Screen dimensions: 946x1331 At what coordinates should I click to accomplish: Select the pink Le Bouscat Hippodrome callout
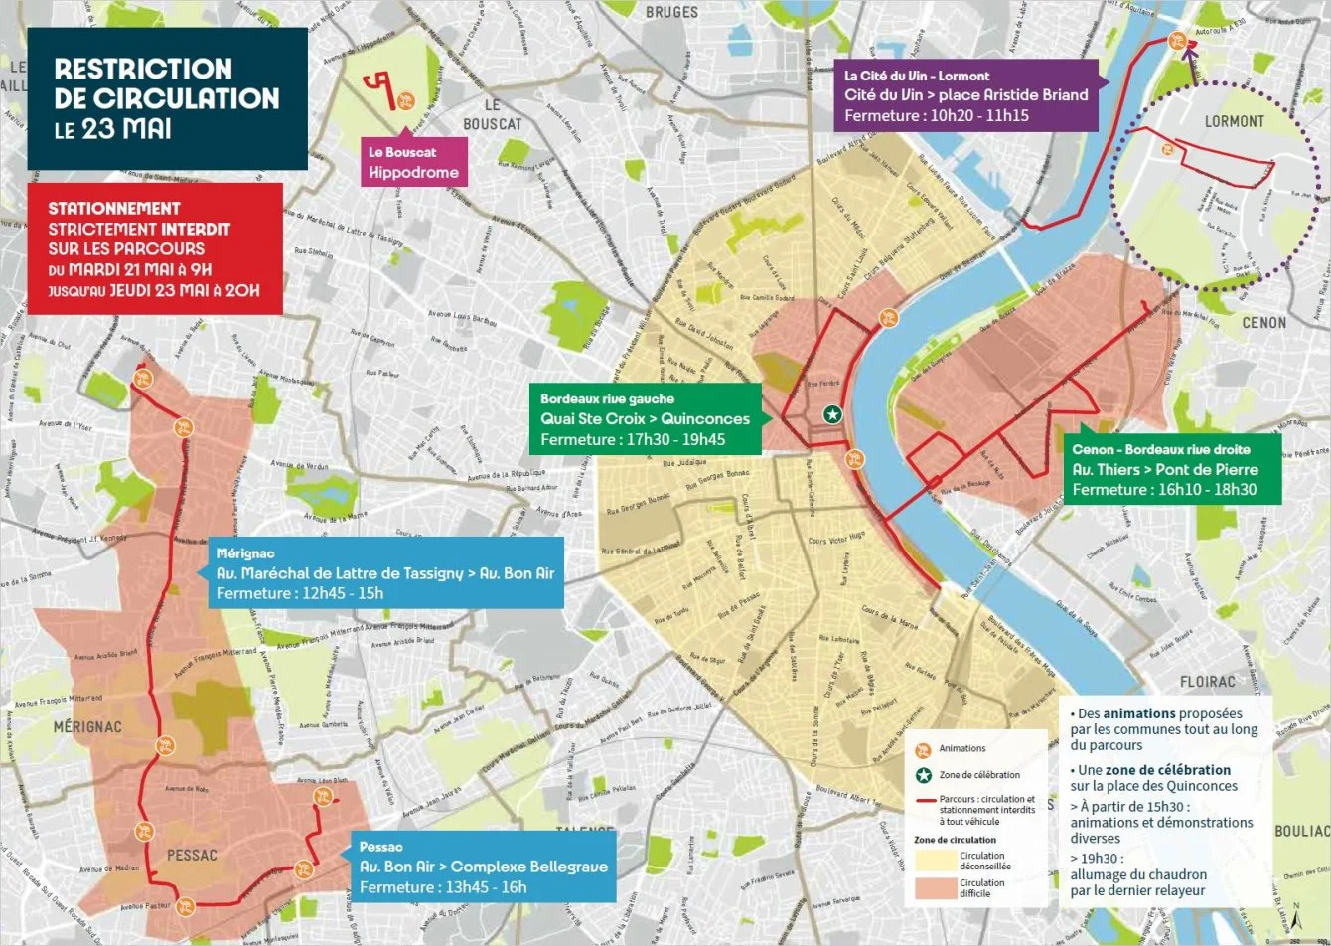(x=413, y=162)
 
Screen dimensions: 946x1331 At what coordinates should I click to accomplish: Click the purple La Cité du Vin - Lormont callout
(x=965, y=95)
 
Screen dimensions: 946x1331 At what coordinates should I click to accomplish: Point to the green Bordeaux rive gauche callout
(x=645, y=418)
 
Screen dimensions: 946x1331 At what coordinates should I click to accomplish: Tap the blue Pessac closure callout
(x=483, y=867)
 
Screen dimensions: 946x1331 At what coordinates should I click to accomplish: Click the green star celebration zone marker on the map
(x=832, y=414)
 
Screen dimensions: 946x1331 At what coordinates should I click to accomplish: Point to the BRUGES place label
(x=671, y=12)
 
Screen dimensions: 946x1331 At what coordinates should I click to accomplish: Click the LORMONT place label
(x=1234, y=121)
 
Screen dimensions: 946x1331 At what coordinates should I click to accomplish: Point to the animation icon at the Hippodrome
(x=405, y=100)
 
